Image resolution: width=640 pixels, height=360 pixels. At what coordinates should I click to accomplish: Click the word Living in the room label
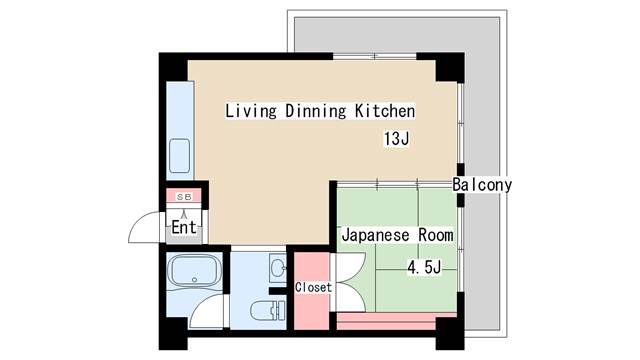click(x=251, y=111)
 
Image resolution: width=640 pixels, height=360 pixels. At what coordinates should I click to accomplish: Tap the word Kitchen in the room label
click(x=385, y=111)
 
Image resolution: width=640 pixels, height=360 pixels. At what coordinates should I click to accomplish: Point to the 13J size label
click(x=396, y=139)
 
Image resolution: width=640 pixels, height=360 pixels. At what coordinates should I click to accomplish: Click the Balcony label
click(x=482, y=185)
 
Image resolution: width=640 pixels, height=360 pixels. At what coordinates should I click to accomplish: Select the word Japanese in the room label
click(x=376, y=236)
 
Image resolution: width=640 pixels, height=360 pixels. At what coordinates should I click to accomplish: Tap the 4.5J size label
click(x=424, y=268)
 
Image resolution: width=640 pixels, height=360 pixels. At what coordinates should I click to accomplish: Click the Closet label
click(x=313, y=287)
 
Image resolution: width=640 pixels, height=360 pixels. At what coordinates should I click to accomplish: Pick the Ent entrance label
click(x=184, y=227)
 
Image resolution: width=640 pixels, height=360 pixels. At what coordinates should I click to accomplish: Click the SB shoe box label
click(x=184, y=197)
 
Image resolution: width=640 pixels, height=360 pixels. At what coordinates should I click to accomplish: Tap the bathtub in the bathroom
click(x=195, y=271)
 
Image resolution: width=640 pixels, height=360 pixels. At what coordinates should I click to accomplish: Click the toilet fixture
click(x=266, y=311)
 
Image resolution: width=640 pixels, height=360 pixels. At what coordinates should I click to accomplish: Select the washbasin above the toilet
click(x=278, y=269)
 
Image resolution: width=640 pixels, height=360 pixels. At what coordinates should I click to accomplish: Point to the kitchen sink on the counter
click(x=180, y=156)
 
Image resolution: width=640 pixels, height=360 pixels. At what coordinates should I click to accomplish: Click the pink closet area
click(x=312, y=291)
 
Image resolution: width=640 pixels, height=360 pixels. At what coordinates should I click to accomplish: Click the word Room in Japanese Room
click(x=436, y=235)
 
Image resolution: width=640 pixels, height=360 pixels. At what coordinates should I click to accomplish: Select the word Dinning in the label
click(x=316, y=111)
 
